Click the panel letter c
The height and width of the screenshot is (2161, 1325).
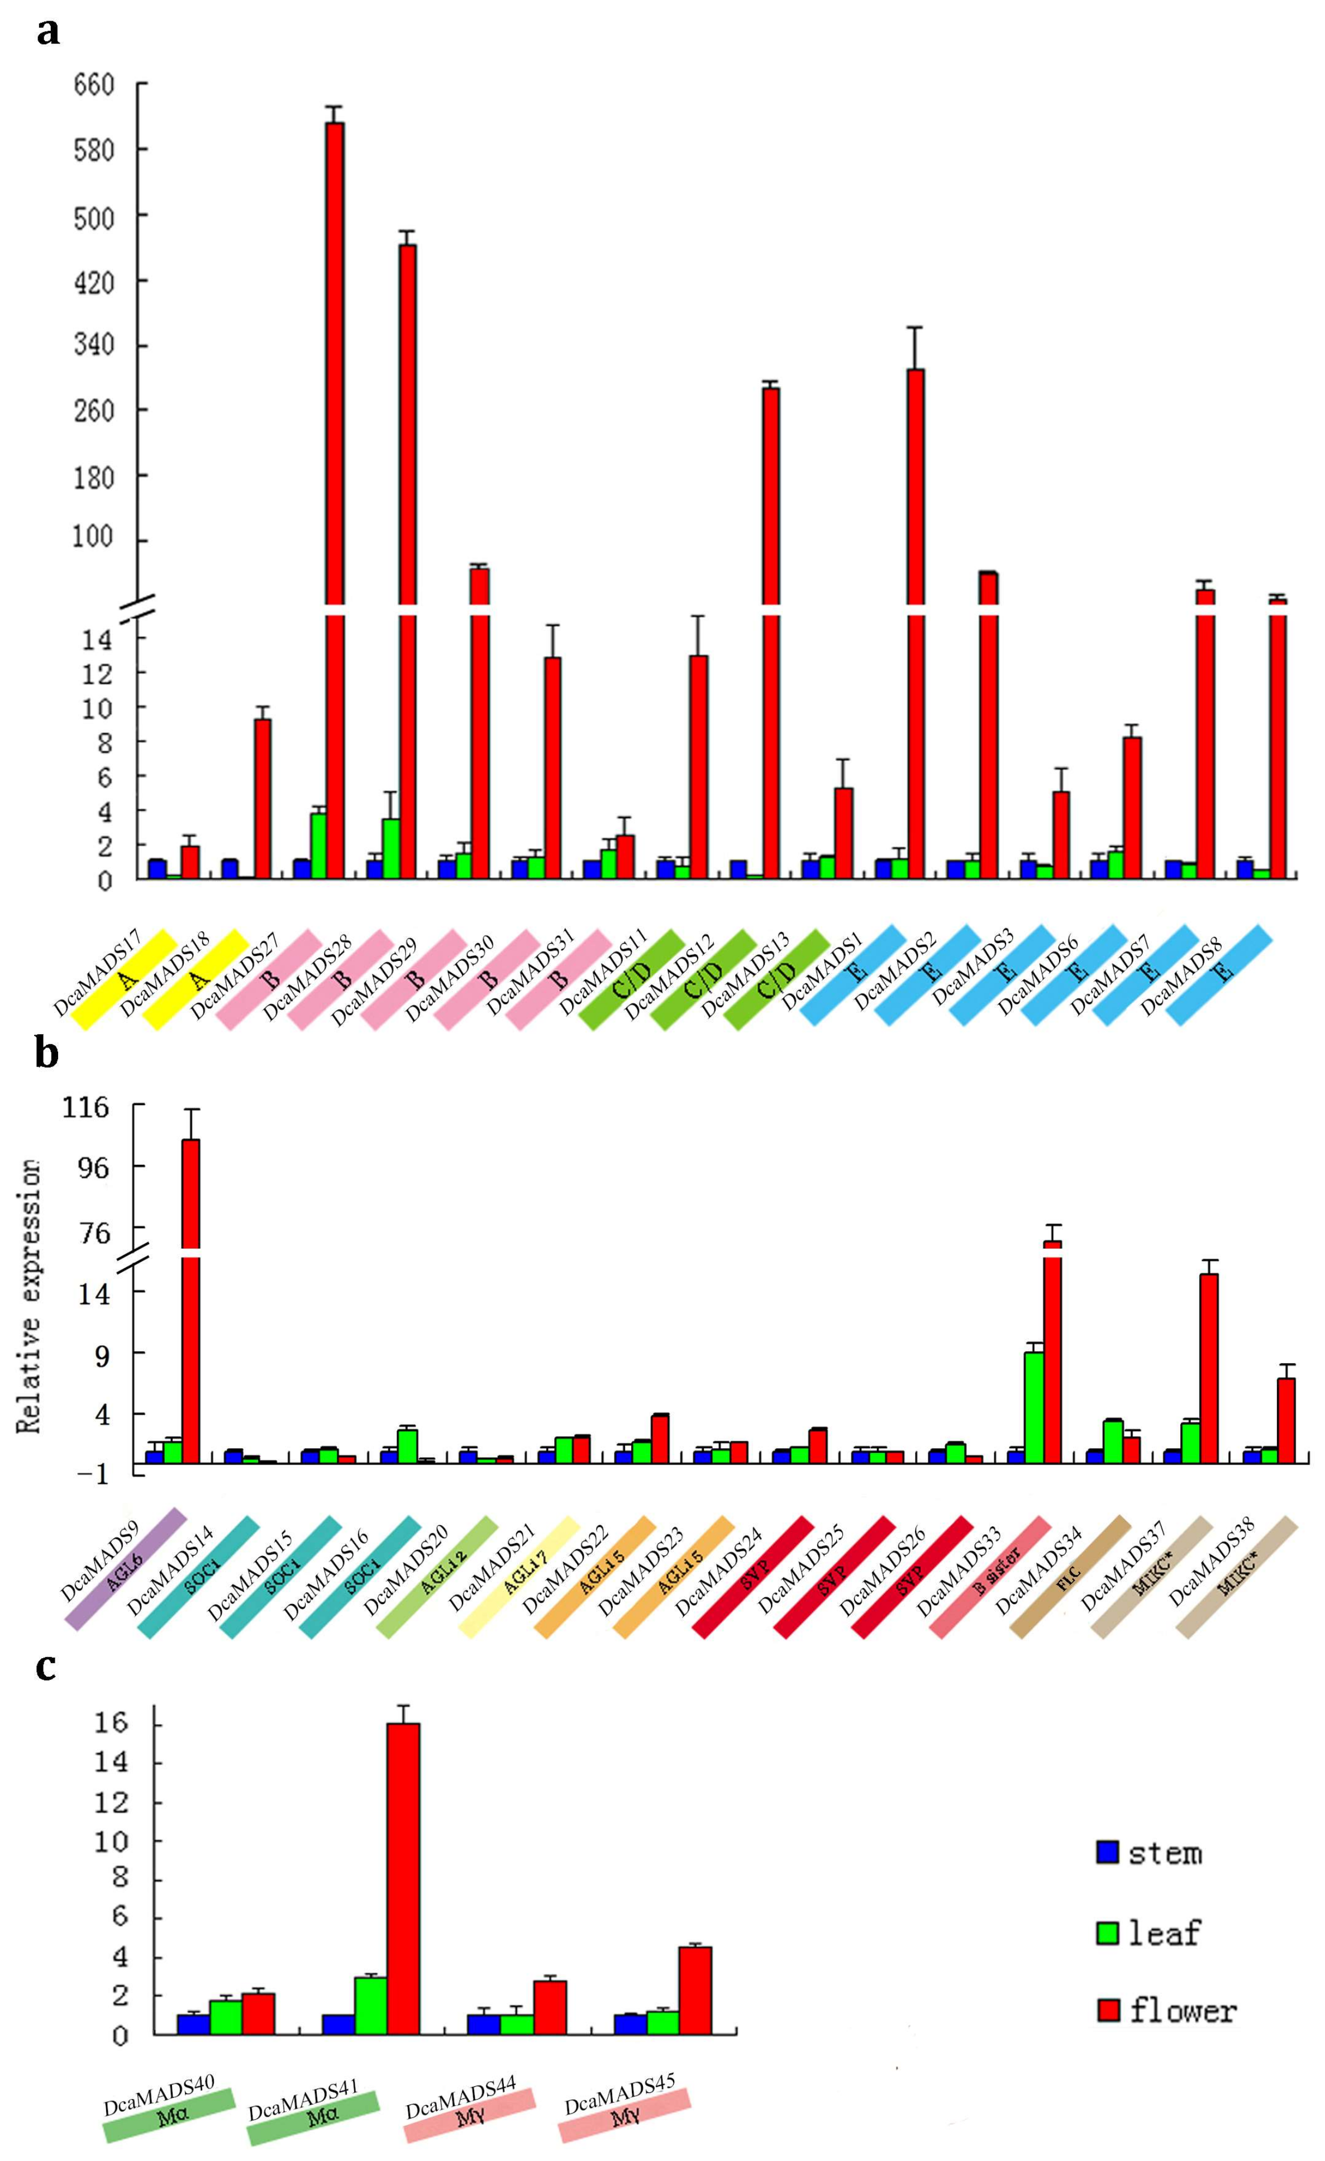[x=46, y=1664]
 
